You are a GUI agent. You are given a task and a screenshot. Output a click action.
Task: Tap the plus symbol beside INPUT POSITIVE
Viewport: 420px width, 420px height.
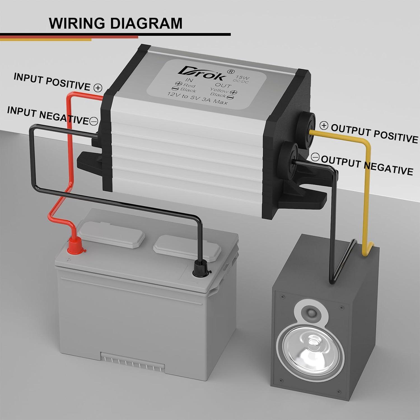(x=98, y=88)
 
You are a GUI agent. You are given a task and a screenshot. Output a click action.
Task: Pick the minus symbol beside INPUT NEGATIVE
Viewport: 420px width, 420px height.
(x=94, y=121)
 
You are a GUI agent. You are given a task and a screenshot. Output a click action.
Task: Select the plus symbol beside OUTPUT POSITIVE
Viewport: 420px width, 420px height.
(x=324, y=126)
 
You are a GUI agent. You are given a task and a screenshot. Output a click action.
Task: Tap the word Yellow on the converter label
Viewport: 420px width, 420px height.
(x=219, y=90)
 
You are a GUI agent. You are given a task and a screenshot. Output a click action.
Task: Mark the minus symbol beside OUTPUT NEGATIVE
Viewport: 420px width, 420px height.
(x=315, y=157)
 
